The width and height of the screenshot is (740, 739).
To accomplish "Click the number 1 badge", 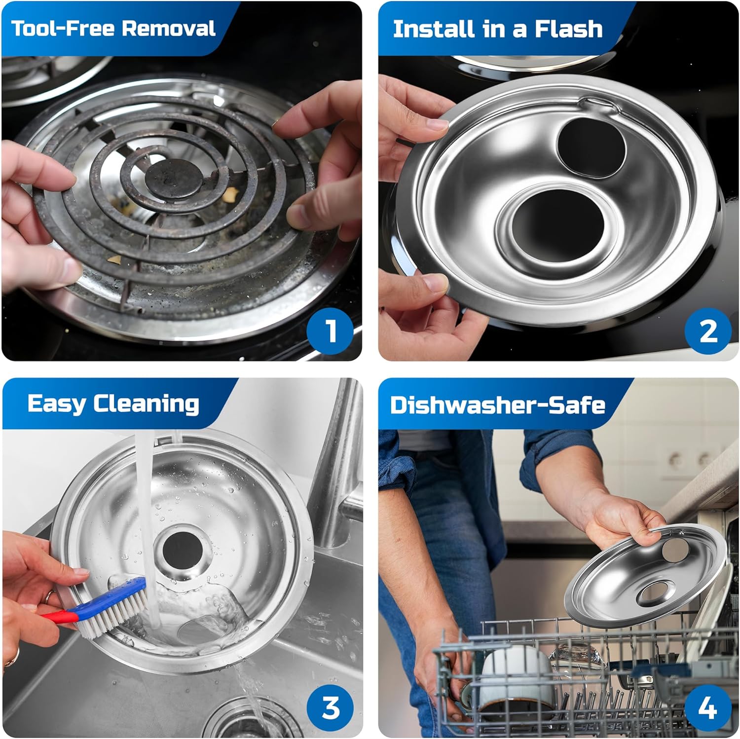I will (x=330, y=331).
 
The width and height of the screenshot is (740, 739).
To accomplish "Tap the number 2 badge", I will (x=707, y=331).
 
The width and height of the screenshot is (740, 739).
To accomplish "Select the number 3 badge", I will (x=330, y=708).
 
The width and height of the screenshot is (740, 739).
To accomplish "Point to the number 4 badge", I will (x=707, y=708).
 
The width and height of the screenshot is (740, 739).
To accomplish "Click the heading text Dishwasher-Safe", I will (x=497, y=405).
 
